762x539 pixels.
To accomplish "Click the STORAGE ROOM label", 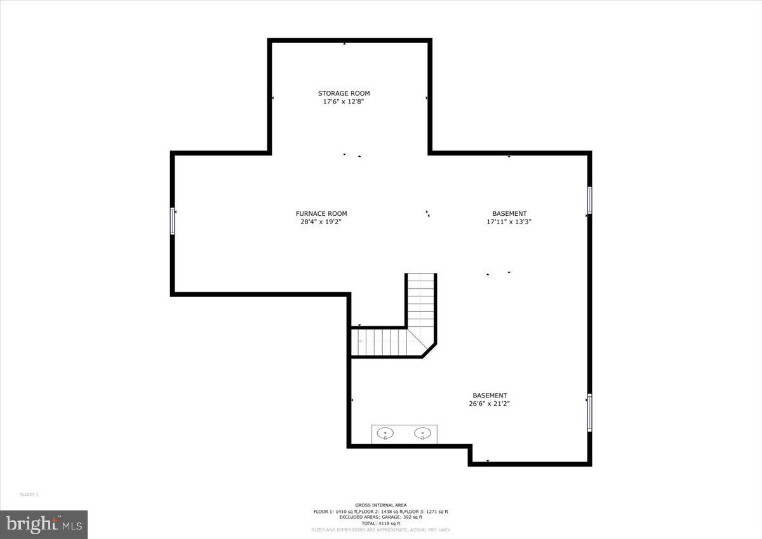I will (x=344, y=93).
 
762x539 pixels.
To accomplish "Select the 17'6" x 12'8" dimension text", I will (x=344, y=102).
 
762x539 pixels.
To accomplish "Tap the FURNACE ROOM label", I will (x=321, y=213).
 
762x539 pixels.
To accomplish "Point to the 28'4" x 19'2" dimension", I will (x=321, y=222).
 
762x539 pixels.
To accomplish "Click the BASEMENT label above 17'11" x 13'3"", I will (x=509, y=213).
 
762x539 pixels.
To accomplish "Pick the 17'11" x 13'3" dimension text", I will (x=509, y=222).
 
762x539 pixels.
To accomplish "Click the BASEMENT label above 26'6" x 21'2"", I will (x=490, y=395).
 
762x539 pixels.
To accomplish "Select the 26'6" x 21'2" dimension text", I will (x=490, y=403).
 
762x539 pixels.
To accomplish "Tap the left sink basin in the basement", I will (x=385, y=434).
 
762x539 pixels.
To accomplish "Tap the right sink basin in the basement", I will (x=422, y=434).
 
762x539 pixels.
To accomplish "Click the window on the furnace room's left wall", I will (x=172, y=221).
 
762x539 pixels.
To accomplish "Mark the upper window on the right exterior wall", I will (x=589, y=200).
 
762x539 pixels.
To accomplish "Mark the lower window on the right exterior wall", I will (x=589, y=413).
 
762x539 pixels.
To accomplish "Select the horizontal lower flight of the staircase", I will (x=381, y=342).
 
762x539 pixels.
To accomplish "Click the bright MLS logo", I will (x=44, y=524).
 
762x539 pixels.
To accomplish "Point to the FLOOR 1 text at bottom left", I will (x=29, y=494).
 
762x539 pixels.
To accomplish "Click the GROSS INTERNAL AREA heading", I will (x=381, y=505).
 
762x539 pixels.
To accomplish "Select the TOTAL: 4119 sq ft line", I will (x=381, y=523).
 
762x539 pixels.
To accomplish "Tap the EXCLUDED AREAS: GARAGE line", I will (x=381, y=517).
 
